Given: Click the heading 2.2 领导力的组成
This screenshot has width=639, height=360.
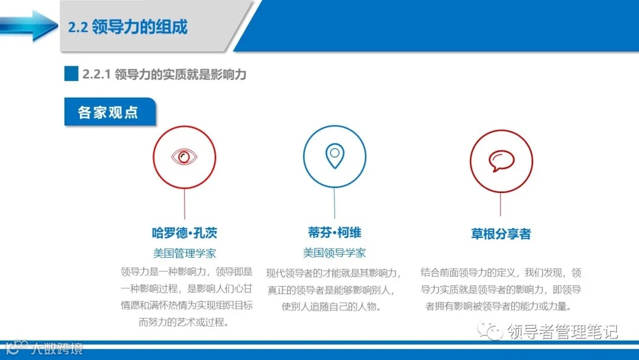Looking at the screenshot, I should [128, 27].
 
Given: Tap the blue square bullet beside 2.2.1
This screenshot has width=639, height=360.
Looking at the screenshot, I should [71, 74].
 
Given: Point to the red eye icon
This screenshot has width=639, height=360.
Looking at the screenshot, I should [184, 157].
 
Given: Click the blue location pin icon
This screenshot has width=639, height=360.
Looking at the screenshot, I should [334, 156].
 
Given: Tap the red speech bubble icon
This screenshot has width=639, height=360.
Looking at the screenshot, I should [501, 160].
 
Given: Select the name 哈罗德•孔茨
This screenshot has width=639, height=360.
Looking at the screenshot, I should [185, 233].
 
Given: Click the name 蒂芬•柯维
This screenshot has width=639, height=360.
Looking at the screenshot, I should [334, 233].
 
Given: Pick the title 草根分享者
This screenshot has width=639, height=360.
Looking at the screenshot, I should [501, 234].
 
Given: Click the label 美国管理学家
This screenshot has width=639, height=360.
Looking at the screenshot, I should [185, 253].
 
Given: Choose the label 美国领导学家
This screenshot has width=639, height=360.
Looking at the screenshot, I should [334, 253].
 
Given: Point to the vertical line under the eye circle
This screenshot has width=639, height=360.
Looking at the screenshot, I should [185, 204].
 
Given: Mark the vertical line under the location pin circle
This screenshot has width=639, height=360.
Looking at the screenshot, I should [334, 203].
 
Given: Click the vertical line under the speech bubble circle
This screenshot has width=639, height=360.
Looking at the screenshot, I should [501, 204].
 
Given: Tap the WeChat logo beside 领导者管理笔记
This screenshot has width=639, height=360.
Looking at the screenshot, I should [492, 329].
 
